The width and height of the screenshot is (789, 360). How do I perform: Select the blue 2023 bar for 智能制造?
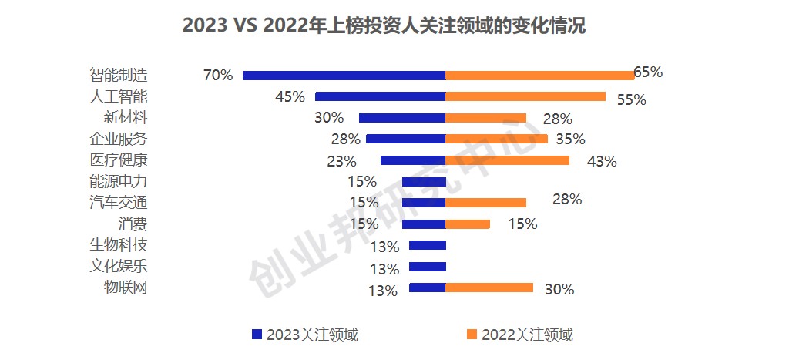point(344,76)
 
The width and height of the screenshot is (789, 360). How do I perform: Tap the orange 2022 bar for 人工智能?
point(525,96)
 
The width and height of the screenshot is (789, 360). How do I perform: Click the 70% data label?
point(217,76)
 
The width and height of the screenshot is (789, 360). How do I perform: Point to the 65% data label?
point(648,72)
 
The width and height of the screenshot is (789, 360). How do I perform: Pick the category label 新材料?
point(125,118)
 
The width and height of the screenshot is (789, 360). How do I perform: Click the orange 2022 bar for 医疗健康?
point(507,160)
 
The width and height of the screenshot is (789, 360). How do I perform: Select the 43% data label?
point(602,161)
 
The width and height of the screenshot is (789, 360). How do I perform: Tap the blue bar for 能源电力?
point(424,182)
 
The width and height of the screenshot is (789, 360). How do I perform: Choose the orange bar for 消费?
point(468,224)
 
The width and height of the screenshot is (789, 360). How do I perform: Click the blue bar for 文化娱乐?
point(428,267)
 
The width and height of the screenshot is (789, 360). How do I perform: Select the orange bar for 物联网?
point(489,288)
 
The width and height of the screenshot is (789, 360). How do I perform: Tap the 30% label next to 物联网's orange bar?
point(559,290)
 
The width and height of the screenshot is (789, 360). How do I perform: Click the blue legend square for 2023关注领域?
point(257,335)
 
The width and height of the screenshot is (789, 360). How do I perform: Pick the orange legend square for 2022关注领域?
point(472,335)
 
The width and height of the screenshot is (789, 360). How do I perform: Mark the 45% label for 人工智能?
point(290,97)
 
